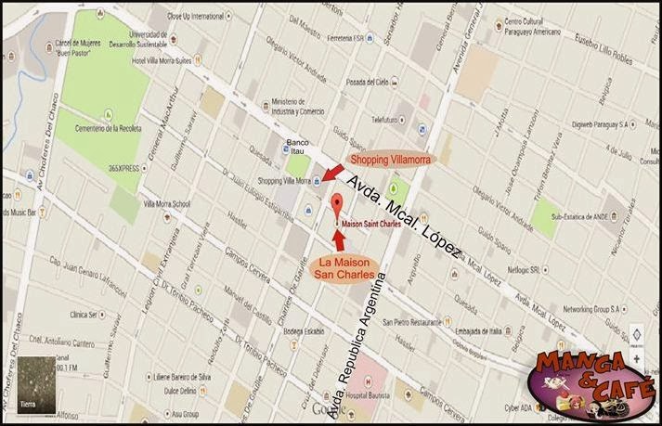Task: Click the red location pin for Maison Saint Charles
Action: point(336,206)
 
